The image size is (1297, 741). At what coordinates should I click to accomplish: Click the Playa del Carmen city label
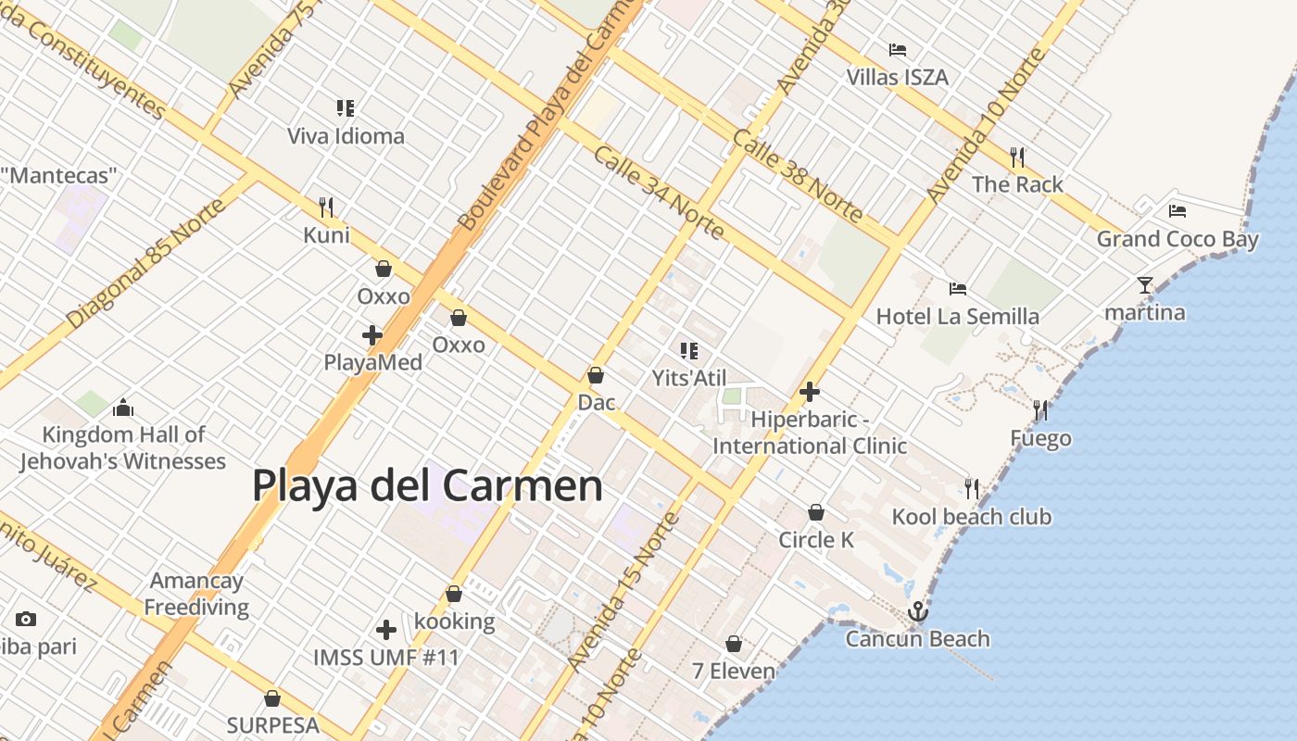[427, 485]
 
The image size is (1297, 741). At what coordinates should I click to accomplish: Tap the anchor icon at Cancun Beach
[917, 611]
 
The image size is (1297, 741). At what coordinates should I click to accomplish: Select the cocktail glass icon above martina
[1145, 284]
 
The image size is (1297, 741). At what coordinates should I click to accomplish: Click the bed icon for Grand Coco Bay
[1177, 211]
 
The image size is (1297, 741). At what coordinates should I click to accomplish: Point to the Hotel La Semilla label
[958, 317]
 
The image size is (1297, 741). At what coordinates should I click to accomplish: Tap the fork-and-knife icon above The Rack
[1017, 157]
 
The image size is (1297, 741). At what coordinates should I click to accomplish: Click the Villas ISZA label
[897, 77]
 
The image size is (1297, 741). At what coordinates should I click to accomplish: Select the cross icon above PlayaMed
[372, 334]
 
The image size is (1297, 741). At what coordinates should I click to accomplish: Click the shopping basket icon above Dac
[596, 375]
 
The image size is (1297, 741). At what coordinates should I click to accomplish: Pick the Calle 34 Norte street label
[659, 192]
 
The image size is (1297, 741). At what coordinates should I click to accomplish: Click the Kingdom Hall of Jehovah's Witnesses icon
[122, 408]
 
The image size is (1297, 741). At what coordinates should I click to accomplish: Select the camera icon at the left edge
[26, 619]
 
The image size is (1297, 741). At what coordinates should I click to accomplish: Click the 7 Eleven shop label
[734, 671]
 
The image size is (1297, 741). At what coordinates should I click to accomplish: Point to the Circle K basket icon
[816, 512]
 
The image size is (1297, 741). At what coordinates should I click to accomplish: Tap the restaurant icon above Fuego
[1040, 410]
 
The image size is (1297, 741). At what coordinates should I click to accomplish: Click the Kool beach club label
[971, 517]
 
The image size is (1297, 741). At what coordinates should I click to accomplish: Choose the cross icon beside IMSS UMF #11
[386, 630]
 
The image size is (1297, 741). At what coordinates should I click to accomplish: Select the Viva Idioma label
[346, 136]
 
